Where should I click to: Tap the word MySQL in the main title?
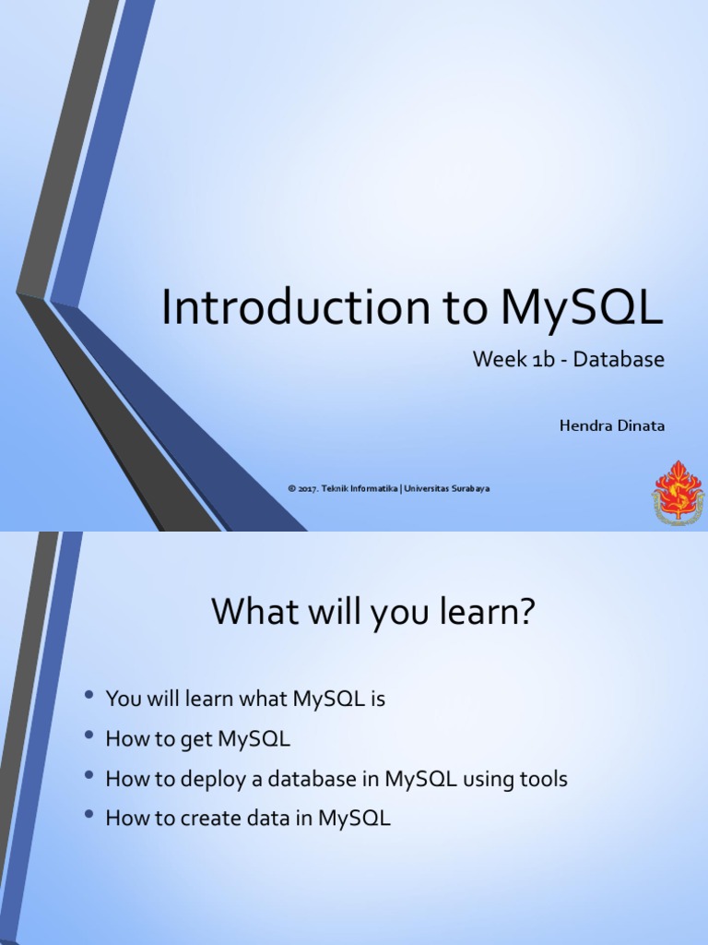pos(582,309)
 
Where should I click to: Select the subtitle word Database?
pos(618,360)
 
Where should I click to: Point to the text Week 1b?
pos(515,360)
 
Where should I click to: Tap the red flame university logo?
pos(678,493)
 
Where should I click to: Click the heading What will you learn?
pos(373,612)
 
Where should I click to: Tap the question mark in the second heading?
pos(526,612)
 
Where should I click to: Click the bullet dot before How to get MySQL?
pos(88,736)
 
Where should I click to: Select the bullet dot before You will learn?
pos(88,697)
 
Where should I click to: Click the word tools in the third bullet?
pos(542,779)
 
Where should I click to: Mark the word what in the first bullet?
pos(264,700)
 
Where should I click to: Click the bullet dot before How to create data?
pos(88,816)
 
